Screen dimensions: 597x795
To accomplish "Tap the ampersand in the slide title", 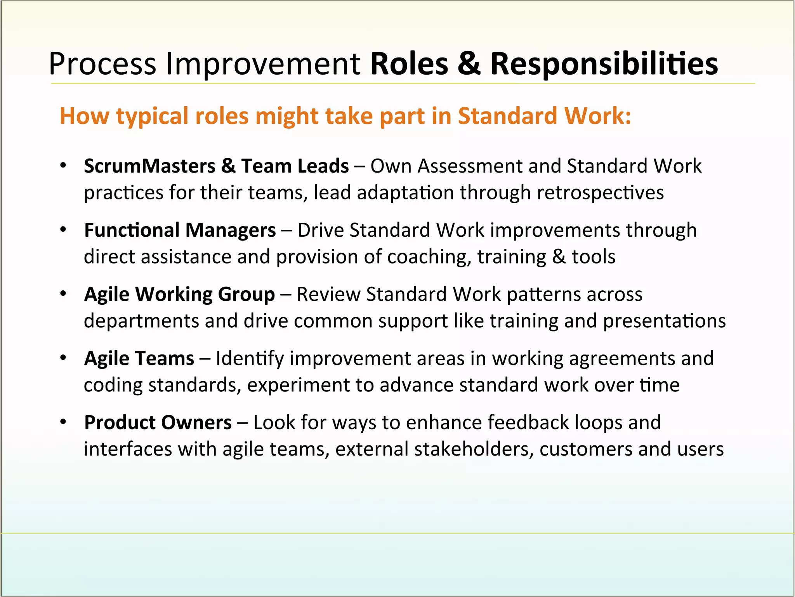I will pyautogui.click(x=469, y=64).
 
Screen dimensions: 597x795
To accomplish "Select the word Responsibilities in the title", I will pyautogui.click(x=604, y=64).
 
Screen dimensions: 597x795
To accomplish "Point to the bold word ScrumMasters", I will pyautogui.click(x=149, y=166).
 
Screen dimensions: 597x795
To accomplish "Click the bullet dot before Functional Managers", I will pyautogui.click(x=63, y=230).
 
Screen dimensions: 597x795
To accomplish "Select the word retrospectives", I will pyautogui.click(x=600, y=193).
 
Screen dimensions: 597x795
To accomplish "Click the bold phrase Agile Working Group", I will pyautogui.click(x=179, y=295).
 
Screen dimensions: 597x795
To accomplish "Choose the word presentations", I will pyautogui.click(x=664, y=321).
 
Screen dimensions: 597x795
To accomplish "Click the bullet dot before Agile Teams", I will pyautogui.click(x=63, y=358).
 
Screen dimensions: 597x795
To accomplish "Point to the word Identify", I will pyautogui.click(x=250, y=358).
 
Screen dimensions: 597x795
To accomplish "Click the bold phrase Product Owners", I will pyautogui.click(x=158, y=422).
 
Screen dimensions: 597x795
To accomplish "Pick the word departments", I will pyautogui.click(x=141, y=321).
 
